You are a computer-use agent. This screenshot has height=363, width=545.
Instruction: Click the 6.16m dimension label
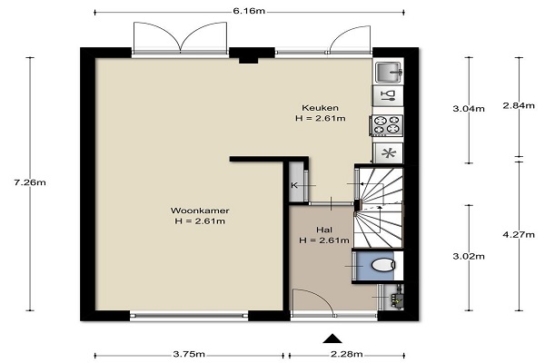pos(249,11)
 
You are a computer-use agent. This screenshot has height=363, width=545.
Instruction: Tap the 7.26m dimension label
pos(30,182)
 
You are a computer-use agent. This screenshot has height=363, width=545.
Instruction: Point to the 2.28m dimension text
pos(347,354)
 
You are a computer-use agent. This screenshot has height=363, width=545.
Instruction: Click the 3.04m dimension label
pos(469,109)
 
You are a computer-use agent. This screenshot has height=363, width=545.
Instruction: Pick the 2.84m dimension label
pos(519,105)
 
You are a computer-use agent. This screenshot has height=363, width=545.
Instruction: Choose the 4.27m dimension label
pos(519,235)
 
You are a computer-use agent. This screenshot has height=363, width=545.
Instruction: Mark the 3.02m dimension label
pos(469,256)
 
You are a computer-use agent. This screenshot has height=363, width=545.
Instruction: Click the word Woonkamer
pos(200,211)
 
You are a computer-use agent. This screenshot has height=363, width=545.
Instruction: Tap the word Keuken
pos(320,108)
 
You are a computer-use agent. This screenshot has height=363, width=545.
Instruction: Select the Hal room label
pos(324,230)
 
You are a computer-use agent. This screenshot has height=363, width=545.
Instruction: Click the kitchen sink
pos(388,73)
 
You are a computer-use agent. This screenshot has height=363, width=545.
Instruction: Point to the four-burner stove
pos(388,125)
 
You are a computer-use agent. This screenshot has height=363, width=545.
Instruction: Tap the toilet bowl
pos(383,266)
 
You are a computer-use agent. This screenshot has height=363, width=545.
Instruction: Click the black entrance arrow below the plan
pos(332,338)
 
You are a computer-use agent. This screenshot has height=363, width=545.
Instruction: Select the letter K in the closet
pos(294,185)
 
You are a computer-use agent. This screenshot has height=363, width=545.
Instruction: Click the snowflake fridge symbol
pos(388,153)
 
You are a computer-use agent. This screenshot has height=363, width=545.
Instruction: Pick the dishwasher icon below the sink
pos(388,95)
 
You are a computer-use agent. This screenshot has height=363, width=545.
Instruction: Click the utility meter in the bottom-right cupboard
pos(397,298)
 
